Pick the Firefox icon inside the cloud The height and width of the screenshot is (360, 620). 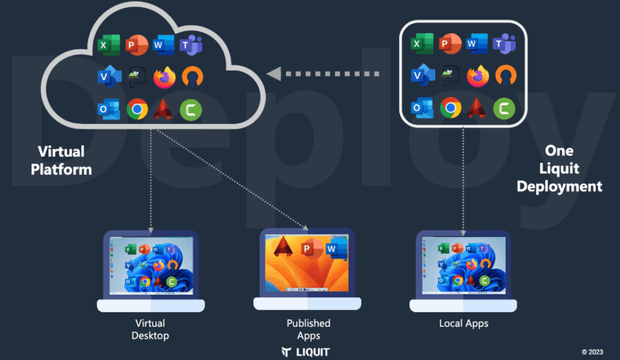click(163, 77)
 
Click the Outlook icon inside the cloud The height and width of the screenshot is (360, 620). click(108, 110)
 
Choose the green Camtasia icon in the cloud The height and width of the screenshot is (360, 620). click(191, 110)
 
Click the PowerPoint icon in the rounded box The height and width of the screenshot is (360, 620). click(450, 44)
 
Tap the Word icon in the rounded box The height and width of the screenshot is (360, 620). click(477, 44)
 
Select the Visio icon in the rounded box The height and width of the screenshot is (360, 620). click(422, 76)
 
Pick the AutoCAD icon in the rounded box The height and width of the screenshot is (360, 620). click(477, 108)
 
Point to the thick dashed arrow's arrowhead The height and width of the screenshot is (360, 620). click(274, 74)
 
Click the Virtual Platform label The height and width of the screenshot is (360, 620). click(61, 160)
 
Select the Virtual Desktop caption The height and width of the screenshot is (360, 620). click(150, 330)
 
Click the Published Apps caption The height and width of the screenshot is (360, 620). click(308, 330)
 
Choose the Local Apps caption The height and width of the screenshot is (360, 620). click(463, 324)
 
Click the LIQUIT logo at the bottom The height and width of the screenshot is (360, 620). click(306, 352)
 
